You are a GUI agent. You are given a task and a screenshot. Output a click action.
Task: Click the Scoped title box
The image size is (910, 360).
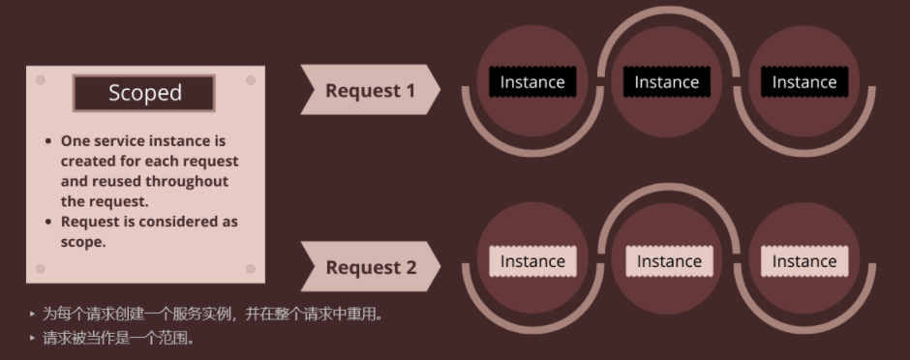coord(144,93)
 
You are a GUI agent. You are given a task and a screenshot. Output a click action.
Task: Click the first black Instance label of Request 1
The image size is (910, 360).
coord(531,82)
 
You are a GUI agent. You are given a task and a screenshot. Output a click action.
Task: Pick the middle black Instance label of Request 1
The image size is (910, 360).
coord(666,82)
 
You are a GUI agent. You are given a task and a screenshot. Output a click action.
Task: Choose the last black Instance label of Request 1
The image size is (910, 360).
coord(804,82)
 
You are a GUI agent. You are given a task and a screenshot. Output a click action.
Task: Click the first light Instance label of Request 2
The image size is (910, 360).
coord(531,261)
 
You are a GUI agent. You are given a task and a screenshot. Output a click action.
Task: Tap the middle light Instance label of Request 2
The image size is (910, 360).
coord(668,261)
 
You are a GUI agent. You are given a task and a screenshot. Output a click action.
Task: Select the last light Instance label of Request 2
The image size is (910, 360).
coord(804,261)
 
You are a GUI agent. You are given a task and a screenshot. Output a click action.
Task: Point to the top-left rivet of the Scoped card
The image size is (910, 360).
coord(41,80)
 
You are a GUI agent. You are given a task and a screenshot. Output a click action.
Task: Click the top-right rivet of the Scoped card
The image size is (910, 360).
coord(251,80)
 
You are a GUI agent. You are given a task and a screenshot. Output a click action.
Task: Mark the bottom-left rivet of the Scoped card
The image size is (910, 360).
coord(41,268)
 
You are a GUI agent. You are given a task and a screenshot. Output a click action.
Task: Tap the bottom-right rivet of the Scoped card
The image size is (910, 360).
coord(251,268)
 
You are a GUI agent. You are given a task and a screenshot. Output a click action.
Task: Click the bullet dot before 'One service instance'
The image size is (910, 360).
coord(48,141)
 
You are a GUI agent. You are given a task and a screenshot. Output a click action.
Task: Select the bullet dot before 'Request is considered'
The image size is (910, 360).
coord(48,223)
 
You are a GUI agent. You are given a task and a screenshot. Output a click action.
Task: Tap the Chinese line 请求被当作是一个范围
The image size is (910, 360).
coord(118,339)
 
